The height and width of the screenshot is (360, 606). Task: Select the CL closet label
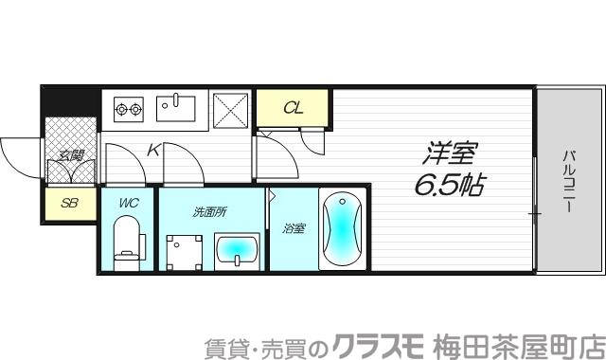(293, 108)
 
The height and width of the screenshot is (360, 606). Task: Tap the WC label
(128, 202)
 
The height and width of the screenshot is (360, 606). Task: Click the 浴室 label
(294, 228)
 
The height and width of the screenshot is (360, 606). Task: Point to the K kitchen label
(154, 149)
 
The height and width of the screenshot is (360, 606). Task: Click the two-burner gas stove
(128, 110)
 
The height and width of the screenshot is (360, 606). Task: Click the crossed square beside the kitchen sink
(230, 110)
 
